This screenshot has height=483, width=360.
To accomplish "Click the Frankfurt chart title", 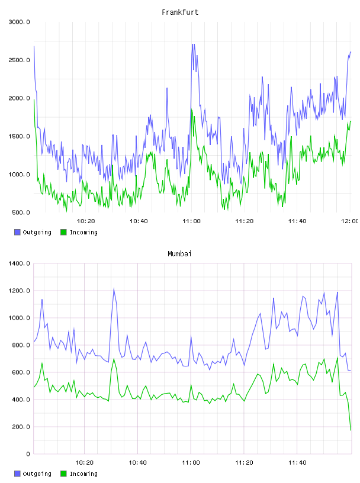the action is coord(180,12).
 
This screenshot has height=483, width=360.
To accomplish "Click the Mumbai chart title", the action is coord(179,254).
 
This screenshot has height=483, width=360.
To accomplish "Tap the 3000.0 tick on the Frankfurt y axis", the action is coord(19,22).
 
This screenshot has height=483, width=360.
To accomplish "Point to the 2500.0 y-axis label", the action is coord(19,60).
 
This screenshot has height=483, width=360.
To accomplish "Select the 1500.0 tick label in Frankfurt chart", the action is coord(19,137).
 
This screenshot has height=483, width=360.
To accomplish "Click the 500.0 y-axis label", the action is coord(21,212).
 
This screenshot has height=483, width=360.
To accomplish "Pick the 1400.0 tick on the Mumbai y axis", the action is coord(19,263).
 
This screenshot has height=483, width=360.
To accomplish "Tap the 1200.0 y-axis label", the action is coord(19,291).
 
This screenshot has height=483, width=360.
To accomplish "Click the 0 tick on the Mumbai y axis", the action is coord(28,454).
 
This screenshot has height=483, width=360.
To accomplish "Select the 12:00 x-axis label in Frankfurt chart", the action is coord(350,221).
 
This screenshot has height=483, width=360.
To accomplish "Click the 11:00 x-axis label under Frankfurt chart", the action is coord(191,221).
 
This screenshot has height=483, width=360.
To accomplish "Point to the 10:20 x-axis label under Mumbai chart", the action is coord(85,463).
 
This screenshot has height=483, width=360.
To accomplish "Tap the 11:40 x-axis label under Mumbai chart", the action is coord(297,463).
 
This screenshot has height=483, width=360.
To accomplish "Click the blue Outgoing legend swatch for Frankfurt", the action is coord(17,232).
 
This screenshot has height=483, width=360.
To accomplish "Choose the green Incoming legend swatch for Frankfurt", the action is coord(63,232).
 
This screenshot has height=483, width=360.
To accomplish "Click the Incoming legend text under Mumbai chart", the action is coord(83,474).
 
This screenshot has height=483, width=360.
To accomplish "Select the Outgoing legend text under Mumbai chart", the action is coord(37,474).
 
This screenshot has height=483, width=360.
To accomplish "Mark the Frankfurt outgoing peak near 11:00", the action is coord(193,44).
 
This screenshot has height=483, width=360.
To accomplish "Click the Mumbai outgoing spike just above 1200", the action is coord(114,289).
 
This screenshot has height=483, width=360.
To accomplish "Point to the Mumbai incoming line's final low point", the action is coord(351,430).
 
